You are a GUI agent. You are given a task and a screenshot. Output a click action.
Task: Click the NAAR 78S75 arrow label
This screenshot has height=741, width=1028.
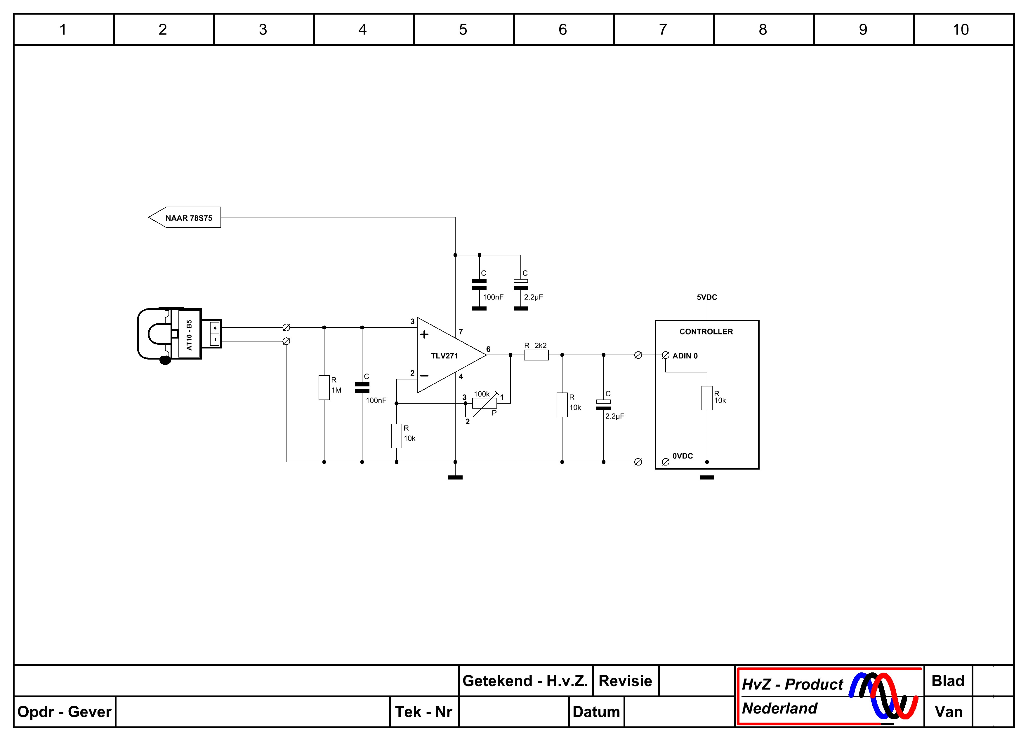pyautogui.click(x=185, y=217)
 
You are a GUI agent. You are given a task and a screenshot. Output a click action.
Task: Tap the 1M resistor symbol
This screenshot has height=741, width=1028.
pyautogui.click(x=324, y=388)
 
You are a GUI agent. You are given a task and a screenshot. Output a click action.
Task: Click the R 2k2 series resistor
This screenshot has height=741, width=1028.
pyautogui.click(x=536, y=355)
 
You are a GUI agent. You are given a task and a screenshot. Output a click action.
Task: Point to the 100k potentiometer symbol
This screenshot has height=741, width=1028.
pyautogui.click(x=484, y=403)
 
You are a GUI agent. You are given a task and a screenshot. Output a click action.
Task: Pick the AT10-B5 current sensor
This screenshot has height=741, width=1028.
pyautogui.click(x=179, y=335)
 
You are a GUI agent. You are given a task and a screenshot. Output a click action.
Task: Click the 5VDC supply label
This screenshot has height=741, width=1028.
pyautogui.click(x=707, y=297)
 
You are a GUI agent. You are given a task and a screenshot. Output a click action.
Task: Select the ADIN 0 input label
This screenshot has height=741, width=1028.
pyautogui.click(x=685, y=355)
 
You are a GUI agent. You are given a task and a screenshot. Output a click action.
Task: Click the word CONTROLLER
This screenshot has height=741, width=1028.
pyautogui.click(x=706, y=332)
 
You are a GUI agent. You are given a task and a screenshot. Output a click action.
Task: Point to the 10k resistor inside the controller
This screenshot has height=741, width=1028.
pyautogui.click(x=707, y=398)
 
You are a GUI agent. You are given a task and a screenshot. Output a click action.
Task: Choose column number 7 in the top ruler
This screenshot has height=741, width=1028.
pyautogui.click(x=663, y=29)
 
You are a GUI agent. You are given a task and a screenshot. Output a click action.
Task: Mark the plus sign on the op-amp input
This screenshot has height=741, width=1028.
pyautogui.click(x=424, y=335)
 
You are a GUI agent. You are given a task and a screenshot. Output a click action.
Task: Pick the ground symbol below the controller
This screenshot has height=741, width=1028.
pyautogui.click(x=707, y=477)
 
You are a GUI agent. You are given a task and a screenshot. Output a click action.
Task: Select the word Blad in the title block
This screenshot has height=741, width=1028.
pyautogui.click(x=948, y=681)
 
